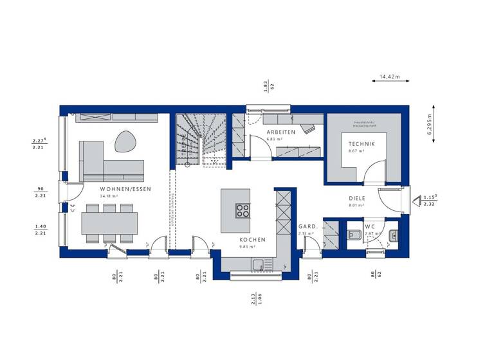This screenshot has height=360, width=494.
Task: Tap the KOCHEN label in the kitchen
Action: pyautogui.click(x=243, y=239)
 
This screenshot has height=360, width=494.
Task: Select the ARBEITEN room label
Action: pyautogui.click(x=281, y=132)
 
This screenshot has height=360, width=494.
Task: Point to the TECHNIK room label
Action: pyautogui.click(x=358, y=144)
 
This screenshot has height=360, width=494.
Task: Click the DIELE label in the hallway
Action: pyautogui.click(x=356, y=199)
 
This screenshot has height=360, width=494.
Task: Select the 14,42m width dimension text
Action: pyautogui.click(x=389, y=76)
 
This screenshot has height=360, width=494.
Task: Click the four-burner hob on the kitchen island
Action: pyautogui.click(x=242, y=210)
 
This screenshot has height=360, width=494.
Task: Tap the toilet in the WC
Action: pyautogui.click(x=354, y=236)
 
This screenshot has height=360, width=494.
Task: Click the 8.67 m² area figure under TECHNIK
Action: pyautogui.click(x=356, y=151)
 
